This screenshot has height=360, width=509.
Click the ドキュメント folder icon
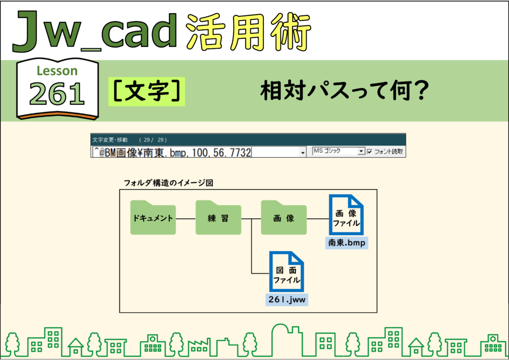(153, 217)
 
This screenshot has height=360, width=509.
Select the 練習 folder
(218, 217)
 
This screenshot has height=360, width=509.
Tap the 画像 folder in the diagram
(284, 217)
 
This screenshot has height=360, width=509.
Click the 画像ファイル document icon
(346, 215)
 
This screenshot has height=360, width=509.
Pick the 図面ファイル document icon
(286, 271)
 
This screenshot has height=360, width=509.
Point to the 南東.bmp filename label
(346, 243)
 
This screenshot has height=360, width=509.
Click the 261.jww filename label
(287, 299)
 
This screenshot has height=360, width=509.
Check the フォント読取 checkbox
(369, 151)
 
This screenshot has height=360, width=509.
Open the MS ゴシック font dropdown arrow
(361, 151)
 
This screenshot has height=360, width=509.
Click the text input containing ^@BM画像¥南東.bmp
(196, 152)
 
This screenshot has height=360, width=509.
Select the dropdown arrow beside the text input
(303, 152)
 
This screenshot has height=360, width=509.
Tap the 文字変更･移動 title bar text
(110, 140)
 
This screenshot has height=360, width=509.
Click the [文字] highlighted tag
(147, 91)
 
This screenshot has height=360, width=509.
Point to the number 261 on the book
(57, 93)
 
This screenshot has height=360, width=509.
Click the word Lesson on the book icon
(57, 71)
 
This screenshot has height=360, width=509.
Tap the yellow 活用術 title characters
(249, 32)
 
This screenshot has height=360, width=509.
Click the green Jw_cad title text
(95, 31)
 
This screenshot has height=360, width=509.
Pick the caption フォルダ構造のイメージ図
(168, 183)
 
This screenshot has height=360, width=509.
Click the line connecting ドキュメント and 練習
(186, 219)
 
